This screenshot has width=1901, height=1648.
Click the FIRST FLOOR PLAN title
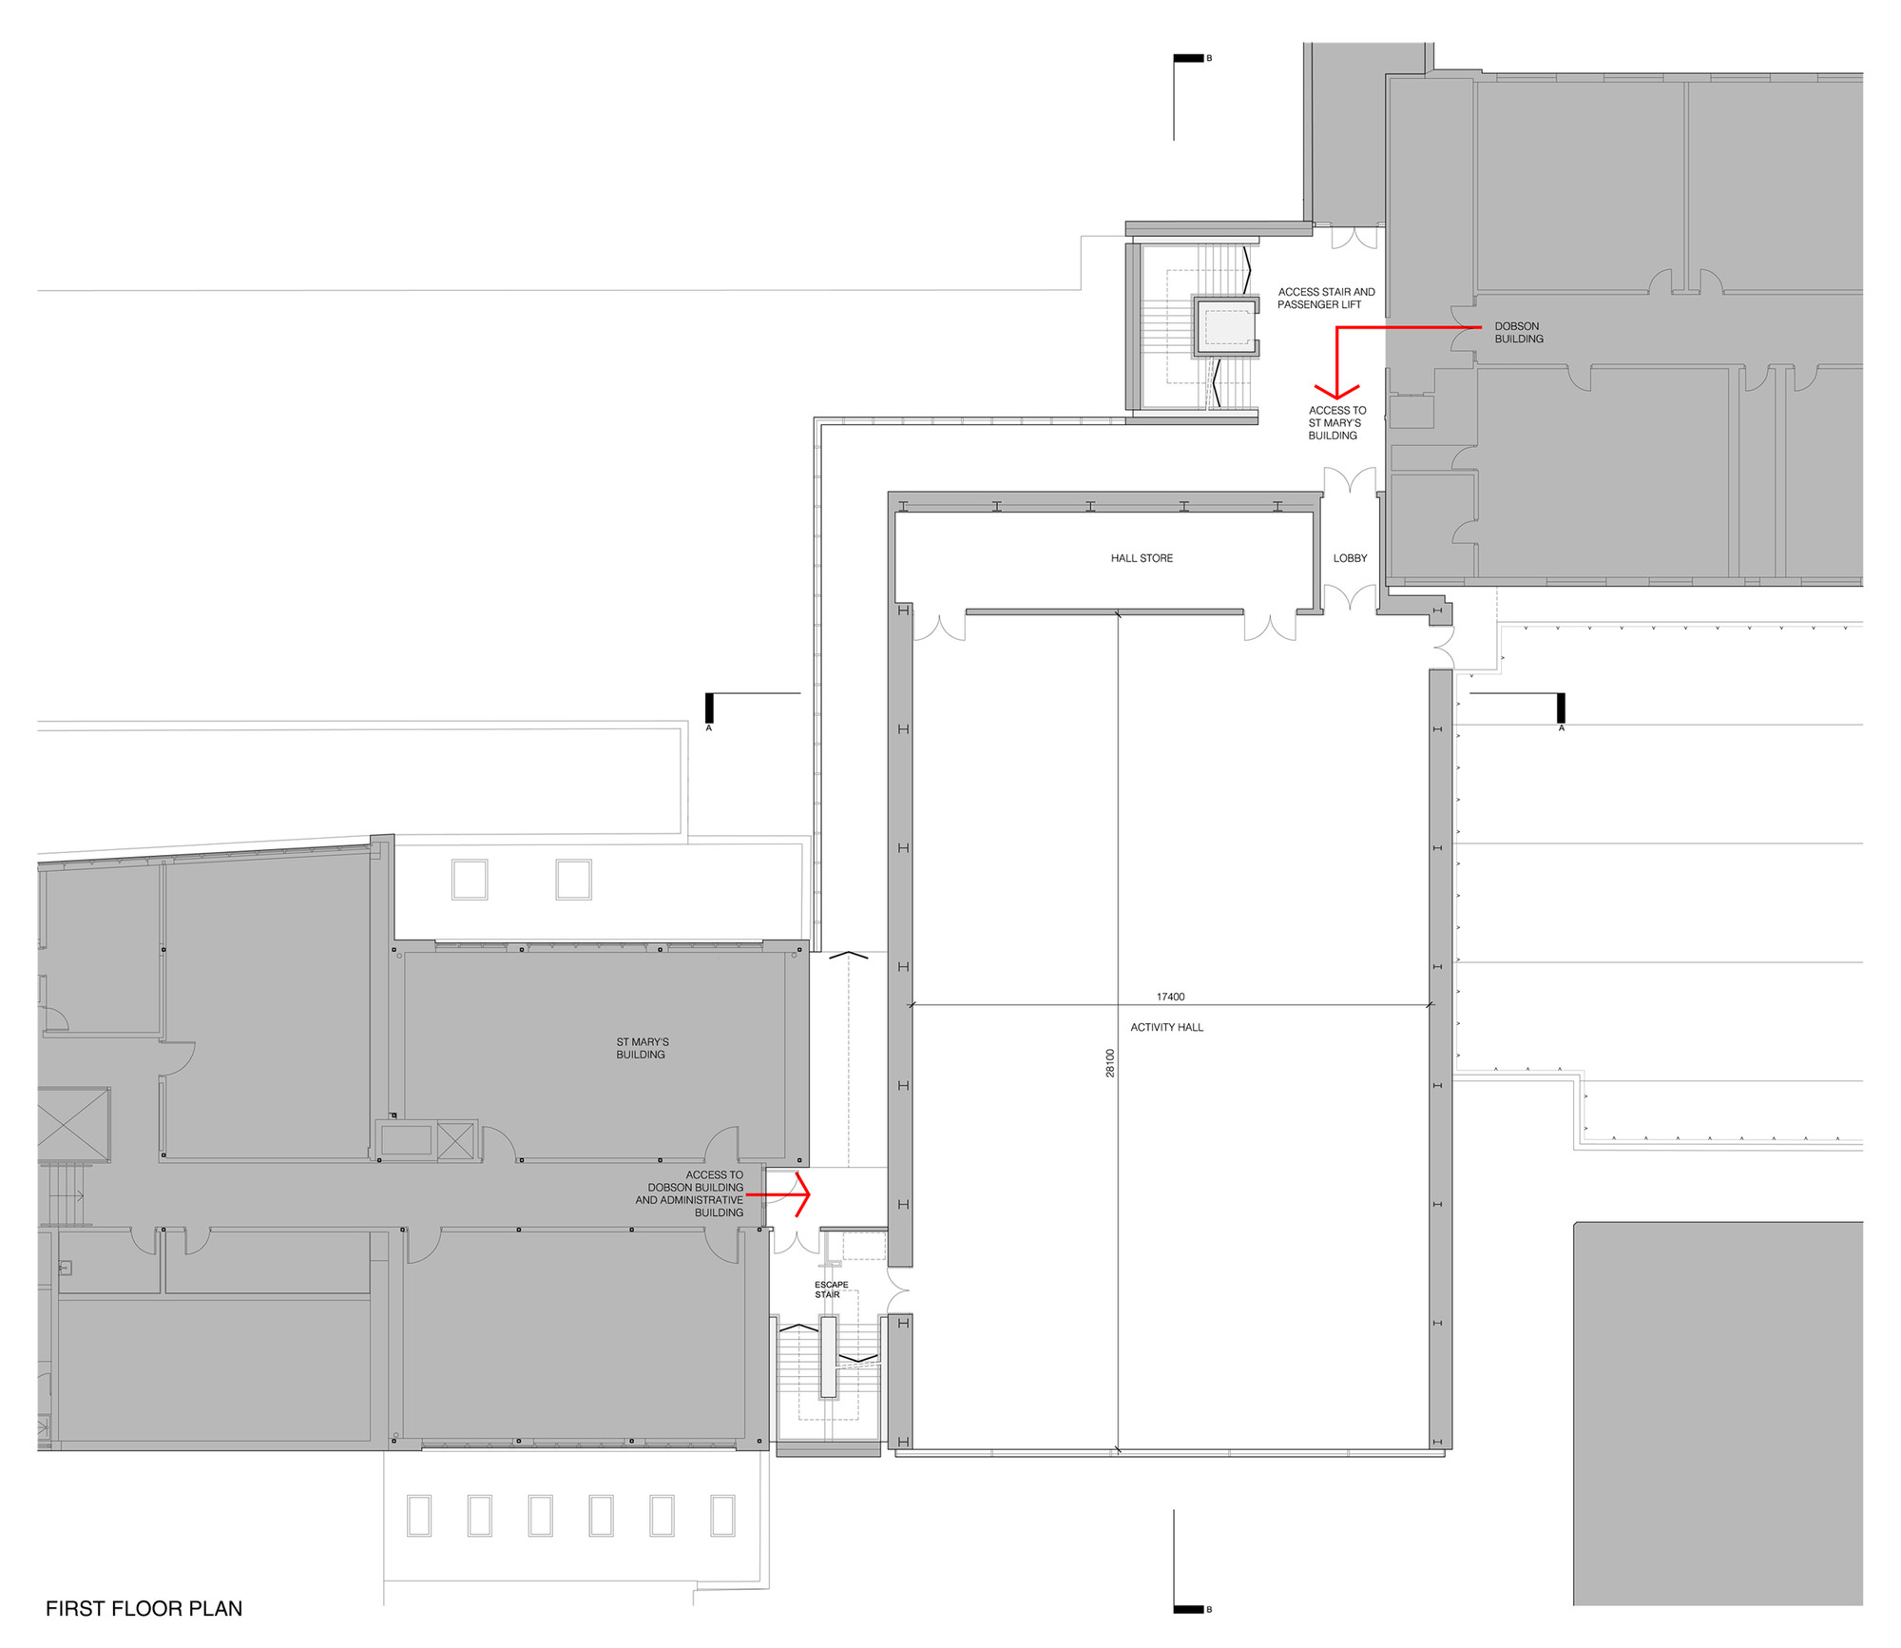click(x=144, y=1609)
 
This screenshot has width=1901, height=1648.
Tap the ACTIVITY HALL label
click(x=1166, y=1027)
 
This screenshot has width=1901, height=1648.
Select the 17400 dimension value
click(x=1170, y=997)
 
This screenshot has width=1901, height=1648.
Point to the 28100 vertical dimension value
click(x=1109, y=1063)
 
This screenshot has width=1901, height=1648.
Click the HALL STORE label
click(x=1142, y=558)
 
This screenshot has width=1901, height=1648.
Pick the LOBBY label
click(x=1350, y=558)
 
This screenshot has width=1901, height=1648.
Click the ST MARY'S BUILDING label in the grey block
click(x=642, y=1048)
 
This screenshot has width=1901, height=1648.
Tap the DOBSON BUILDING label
click(x=1518, y=332)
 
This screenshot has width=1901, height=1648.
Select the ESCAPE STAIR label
click(x=830, y=1289)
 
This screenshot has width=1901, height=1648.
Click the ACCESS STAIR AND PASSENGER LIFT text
click(x=1325, y=298)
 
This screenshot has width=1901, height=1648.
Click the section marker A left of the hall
click(x=709, y=708)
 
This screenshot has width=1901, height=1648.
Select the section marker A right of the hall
click(x=1561, y=708)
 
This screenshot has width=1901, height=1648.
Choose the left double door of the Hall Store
click(x=939, y=628)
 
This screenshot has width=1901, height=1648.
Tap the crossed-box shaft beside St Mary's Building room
click(x=455, y=1139)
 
